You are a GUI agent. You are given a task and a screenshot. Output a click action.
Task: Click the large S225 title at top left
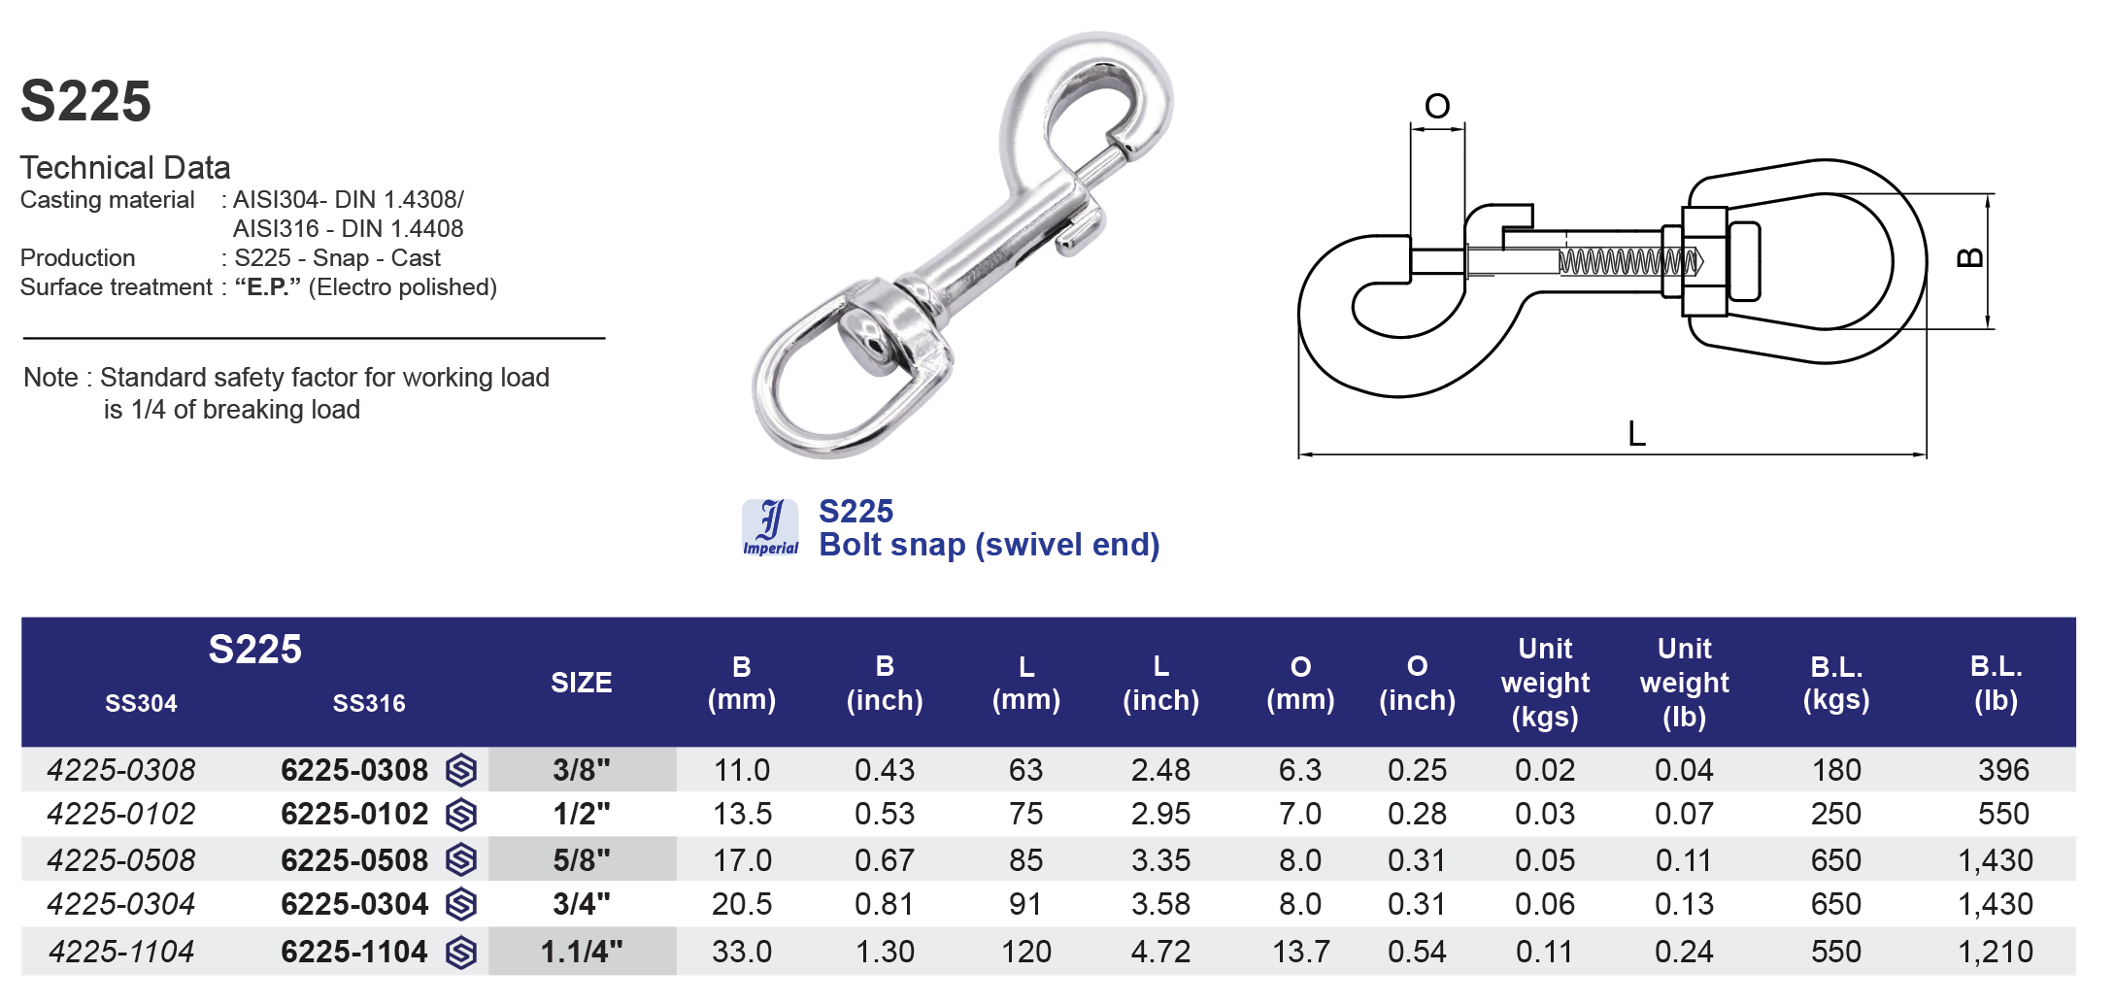click(85, 101)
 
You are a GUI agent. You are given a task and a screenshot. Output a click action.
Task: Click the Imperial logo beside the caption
click(770, 527)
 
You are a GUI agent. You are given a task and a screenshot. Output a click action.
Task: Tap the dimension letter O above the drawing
click(1437, 106)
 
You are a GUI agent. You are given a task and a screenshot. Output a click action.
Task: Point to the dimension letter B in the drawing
click(1969, 257)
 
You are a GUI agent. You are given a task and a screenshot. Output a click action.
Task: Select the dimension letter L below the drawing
click(1636, 434)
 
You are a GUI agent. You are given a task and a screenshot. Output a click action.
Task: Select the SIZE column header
click(581, 683)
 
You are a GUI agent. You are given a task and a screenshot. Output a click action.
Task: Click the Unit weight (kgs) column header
click(1545, 683)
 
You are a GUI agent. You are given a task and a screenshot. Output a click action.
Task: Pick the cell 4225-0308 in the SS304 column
click(121, 770)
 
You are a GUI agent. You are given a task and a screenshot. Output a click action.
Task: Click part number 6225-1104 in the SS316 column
click(354, 952)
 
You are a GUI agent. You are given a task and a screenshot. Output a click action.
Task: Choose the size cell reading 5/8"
click(582, 860)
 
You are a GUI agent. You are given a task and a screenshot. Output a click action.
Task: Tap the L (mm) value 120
click(1025, 952)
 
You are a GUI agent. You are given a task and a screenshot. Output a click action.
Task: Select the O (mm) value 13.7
click(1301, 952)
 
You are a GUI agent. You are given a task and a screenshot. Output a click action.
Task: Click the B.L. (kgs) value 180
click(1836, 770)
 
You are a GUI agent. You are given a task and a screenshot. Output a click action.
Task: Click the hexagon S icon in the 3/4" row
click(461, 904)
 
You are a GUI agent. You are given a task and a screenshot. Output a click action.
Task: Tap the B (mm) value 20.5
click(742, 904)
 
